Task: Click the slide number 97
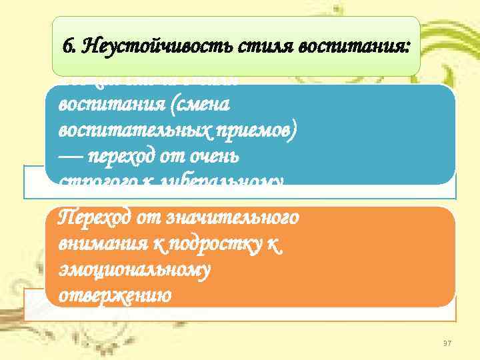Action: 447,342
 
